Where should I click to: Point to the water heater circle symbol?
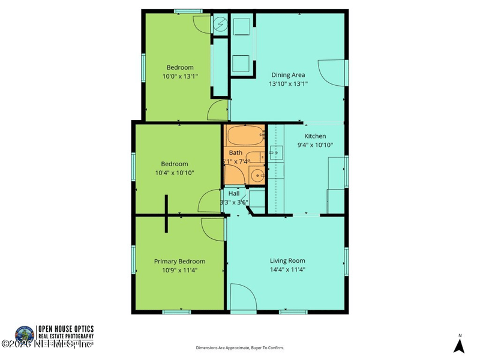[220, 25]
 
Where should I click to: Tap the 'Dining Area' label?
[288, 75]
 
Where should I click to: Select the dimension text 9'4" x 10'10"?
[315, 145]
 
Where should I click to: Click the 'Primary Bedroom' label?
[179, 261]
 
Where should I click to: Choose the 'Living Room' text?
[287, 260]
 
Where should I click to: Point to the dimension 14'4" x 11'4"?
[287, 270]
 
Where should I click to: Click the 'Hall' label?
[233, 193]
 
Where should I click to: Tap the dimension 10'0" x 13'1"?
[179, 76]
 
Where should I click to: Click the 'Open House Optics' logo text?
[65, 329]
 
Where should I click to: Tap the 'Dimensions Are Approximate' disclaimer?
[239, 347]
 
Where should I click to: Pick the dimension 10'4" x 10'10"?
[174, 173]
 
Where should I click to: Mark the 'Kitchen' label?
[315, 136]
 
